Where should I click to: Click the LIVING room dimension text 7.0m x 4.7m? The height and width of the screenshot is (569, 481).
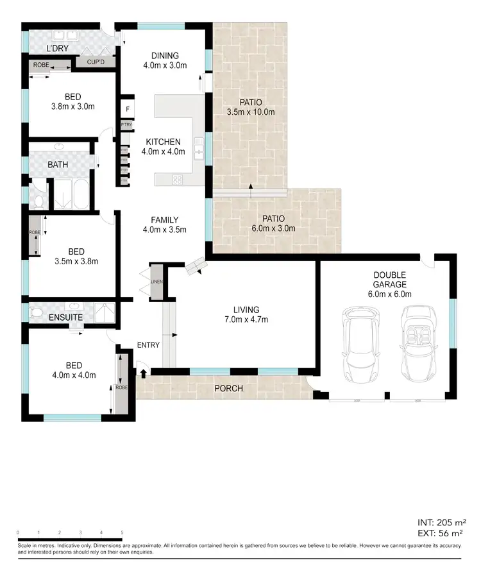tap(246, 319)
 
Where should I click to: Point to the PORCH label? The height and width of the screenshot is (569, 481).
tap(229, 387)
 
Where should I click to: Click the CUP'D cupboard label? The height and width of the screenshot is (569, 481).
tap(95, 63)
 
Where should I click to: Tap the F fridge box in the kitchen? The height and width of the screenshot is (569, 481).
tap(128, 109)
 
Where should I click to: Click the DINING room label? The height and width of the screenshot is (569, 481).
tap(164, 55)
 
